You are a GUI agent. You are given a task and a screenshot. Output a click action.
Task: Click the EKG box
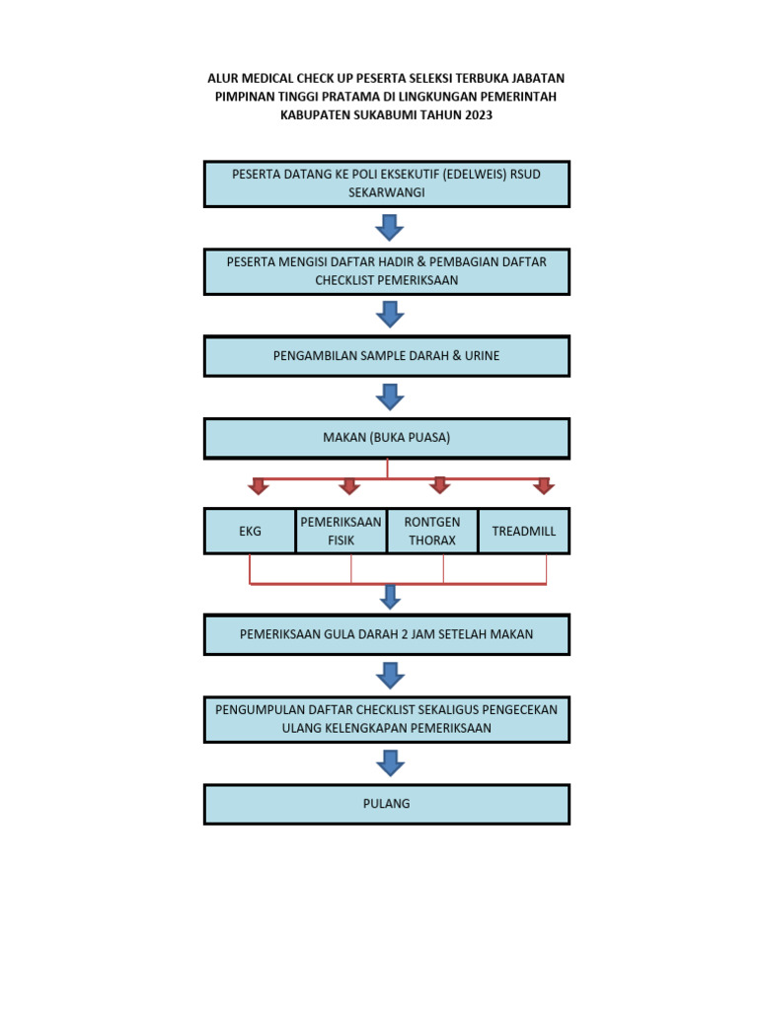coord(250,532)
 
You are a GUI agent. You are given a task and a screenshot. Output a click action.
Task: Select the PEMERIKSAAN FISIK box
coord(341,532)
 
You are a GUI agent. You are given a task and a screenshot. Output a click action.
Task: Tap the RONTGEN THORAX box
coord(432,532)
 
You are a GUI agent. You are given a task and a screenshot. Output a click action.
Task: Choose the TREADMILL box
coord(524,532)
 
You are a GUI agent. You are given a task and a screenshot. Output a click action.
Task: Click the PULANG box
coord(386,804)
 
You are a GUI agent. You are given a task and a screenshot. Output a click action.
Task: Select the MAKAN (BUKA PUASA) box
coord(386,438)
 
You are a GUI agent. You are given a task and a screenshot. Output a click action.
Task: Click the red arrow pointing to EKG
coord(259,485)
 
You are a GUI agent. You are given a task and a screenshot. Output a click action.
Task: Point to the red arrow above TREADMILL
coord(543,485)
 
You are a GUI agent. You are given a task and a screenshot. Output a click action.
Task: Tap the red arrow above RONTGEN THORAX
coord(440,485)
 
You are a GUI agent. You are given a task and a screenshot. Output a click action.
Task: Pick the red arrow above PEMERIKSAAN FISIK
coord(349,485)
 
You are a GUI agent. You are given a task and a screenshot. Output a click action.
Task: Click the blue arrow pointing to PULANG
coord(390,762)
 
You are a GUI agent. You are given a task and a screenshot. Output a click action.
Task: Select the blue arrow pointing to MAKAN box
coord(390,397)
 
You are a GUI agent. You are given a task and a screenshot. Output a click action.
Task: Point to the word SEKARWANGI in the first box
coord(386,192)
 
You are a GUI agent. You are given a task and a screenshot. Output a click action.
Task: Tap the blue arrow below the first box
coord(390,228)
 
